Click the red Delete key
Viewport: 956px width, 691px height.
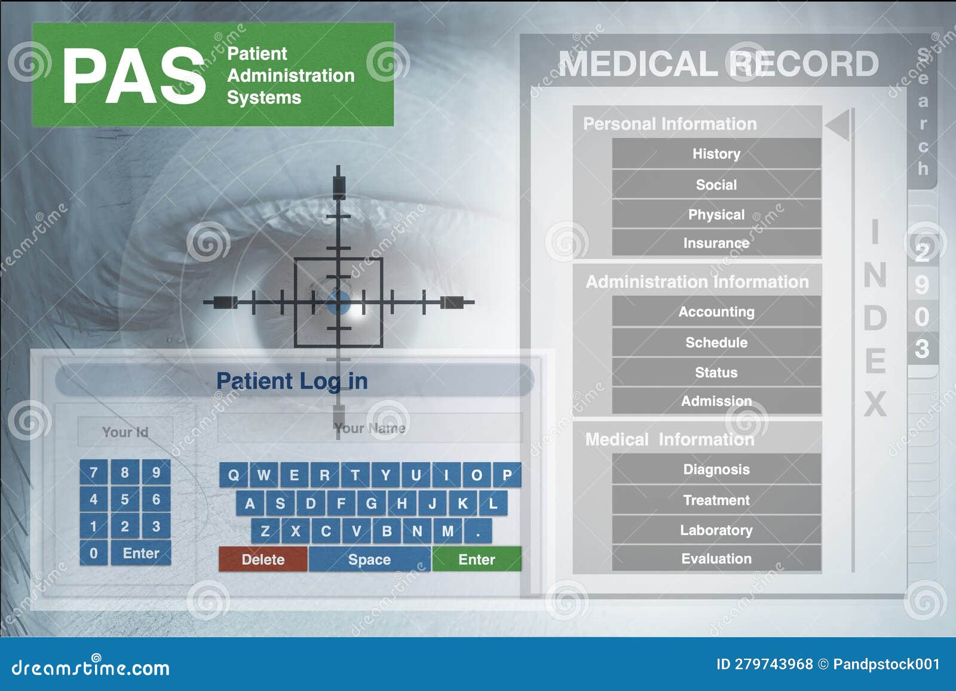pos(263,559)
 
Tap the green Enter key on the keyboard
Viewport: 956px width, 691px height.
pos(476,559)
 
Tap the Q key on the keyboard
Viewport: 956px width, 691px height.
pos(234,475)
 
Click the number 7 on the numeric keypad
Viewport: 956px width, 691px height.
pos(94,472)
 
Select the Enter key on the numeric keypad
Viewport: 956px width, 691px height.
pos(141,554)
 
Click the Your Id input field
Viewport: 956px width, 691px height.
pos(125,432)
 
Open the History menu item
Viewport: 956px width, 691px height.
pos(716,154)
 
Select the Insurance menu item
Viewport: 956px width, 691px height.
pos(716,243)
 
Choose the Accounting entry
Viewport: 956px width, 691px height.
pos(716,312)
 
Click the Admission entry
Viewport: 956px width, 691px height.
pos(716,401)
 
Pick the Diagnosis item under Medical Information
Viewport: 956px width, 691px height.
pos(716,470)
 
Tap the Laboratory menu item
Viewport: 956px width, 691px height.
pos(716,530)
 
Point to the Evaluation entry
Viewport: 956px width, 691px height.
pos(716,559)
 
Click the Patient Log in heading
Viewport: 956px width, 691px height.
pos(292,381)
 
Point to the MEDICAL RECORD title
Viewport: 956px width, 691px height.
pos(718,64)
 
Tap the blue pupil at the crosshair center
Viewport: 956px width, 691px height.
pos(339,302)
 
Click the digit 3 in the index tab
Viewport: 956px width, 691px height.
pos(922,348)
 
